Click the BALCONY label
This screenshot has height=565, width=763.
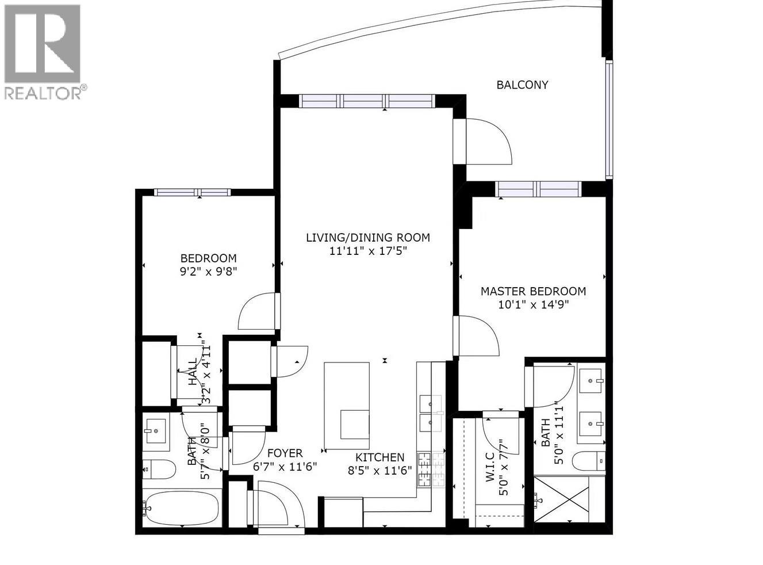(x=522, y=85)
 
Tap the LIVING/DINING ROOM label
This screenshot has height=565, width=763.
(x=368, y=238)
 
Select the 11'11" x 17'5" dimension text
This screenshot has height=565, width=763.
(x=368, y=251)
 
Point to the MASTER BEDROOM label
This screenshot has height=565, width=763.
(x=533, y=291)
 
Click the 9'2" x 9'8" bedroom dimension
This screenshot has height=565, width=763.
(x=209, y=272)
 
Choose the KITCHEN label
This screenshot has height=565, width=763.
(x=379, y=457)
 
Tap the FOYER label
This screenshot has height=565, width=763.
(x=285, y=453)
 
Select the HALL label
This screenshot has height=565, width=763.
(x=193, y=372)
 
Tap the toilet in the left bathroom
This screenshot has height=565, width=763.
(x=159, y=469)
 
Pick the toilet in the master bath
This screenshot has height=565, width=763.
(x=589, y=461)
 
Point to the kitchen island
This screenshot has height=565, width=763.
(x=347, y=406)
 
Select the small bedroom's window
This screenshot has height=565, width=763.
(x=192, y=192)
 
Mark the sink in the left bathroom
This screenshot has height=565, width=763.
(x=155, y=431)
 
